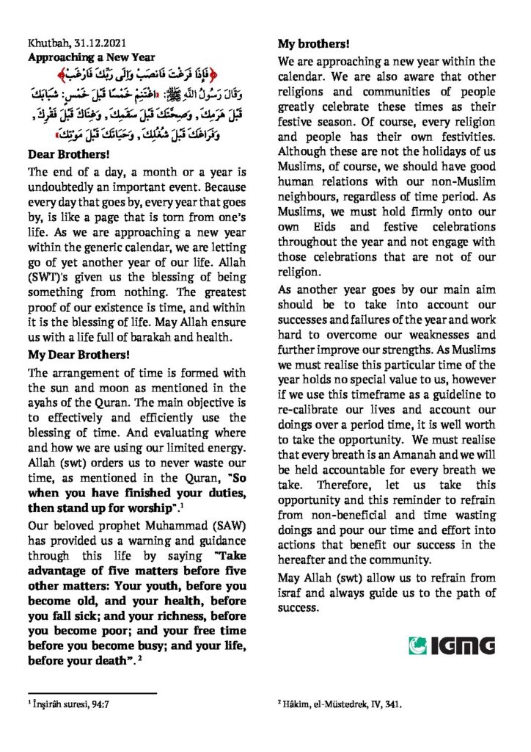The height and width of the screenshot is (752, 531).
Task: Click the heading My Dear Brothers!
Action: (x=78, y=353)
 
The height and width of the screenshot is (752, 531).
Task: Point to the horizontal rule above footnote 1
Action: (x=92, y=692)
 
